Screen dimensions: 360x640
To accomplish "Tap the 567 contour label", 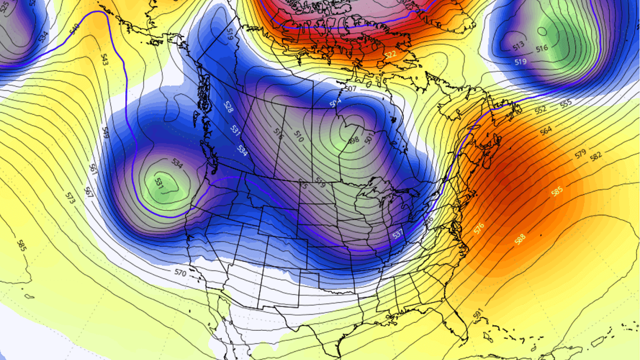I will [x=89, y=192].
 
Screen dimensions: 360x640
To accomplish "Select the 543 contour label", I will [x=104, y=60].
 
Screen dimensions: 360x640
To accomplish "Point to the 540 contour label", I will [x=75, y=27].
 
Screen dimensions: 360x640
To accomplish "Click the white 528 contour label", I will [x=228, y=107].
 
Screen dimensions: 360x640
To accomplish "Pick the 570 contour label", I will [x=180, y=272].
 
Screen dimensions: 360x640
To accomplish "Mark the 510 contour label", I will [x=299, y=139].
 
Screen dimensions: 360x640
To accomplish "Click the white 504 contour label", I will [x=335, y=102].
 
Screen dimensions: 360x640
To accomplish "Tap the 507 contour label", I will [x=350, y=89].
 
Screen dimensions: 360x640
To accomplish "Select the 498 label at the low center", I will [x=354, y=140].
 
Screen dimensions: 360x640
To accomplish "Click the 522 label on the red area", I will [x=390, y=54].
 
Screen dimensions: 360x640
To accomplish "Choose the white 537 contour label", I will [x=397, y=234].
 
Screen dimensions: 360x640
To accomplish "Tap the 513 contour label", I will [x=518, y=47].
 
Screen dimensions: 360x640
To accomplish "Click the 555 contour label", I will [x=566, y=102].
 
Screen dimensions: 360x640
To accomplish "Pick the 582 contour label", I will [x=596, y=156].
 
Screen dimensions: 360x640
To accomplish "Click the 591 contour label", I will [x=477, y=314].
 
